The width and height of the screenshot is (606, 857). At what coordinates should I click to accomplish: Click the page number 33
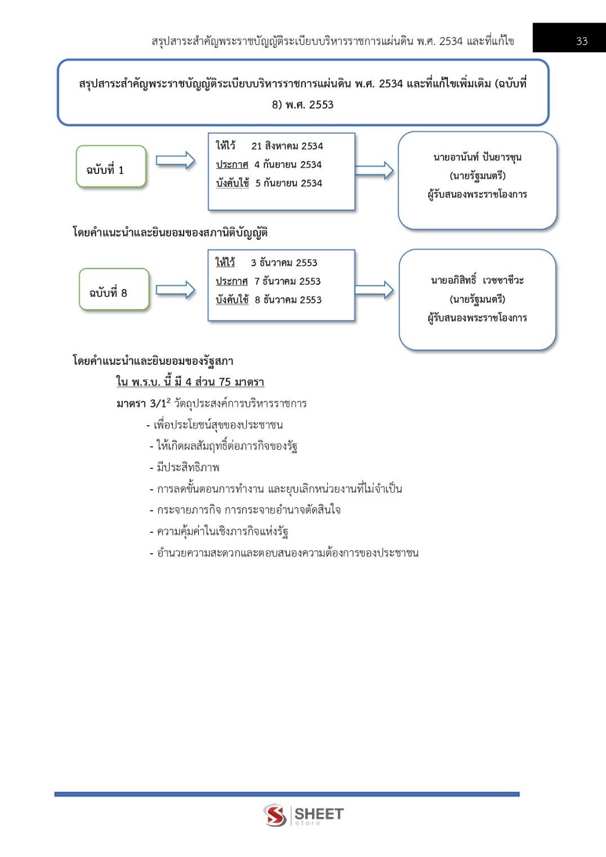pyautogui.click(x=582, y=41)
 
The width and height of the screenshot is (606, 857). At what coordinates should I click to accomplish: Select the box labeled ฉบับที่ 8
pyautogui.click(x=114, y=290)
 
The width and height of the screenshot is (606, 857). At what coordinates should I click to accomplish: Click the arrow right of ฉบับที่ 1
pyautogui.click(x=175, y=161)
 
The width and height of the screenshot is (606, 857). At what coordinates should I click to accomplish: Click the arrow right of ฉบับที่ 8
pyautogui.click(x=175, y=290)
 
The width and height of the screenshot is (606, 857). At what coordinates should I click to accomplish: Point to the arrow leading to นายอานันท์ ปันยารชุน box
pyautogui.click(x=374, y=169)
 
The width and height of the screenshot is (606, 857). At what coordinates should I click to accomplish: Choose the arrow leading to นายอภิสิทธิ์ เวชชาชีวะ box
pyautogui.click(x=374, y=290)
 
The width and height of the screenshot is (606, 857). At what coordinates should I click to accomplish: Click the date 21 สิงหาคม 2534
pyautogui.click(x=287, y=146)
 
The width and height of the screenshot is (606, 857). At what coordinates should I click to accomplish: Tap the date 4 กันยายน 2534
pyautogui.click(x=288, y=164)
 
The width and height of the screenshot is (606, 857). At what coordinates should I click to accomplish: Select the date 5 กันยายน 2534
pyautogui.click(x=288, y=183)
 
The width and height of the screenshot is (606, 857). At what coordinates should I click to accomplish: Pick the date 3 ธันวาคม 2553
pyautogui.click(x=284, y=263)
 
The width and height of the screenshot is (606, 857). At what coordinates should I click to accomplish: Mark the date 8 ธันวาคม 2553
pyautogui.click(x=288, y=300)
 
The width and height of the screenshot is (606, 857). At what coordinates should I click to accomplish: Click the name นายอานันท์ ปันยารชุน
pyautogui.click(x=477, y=157)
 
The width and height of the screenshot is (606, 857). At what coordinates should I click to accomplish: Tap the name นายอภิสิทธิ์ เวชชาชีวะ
pyautogui.click(x=477, y=280)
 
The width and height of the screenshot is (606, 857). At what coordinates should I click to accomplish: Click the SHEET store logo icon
pyautogui.click(x=275, y=815)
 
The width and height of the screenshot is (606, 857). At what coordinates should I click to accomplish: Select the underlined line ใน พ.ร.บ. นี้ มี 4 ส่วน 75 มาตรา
pyautogui.click(x=190, y=382)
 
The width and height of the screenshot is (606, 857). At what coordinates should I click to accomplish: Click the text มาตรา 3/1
pyautogui.click(x=141, y=404)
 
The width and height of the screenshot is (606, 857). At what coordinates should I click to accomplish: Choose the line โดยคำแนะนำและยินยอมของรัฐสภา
pyautogui.click(x=153, y=361)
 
